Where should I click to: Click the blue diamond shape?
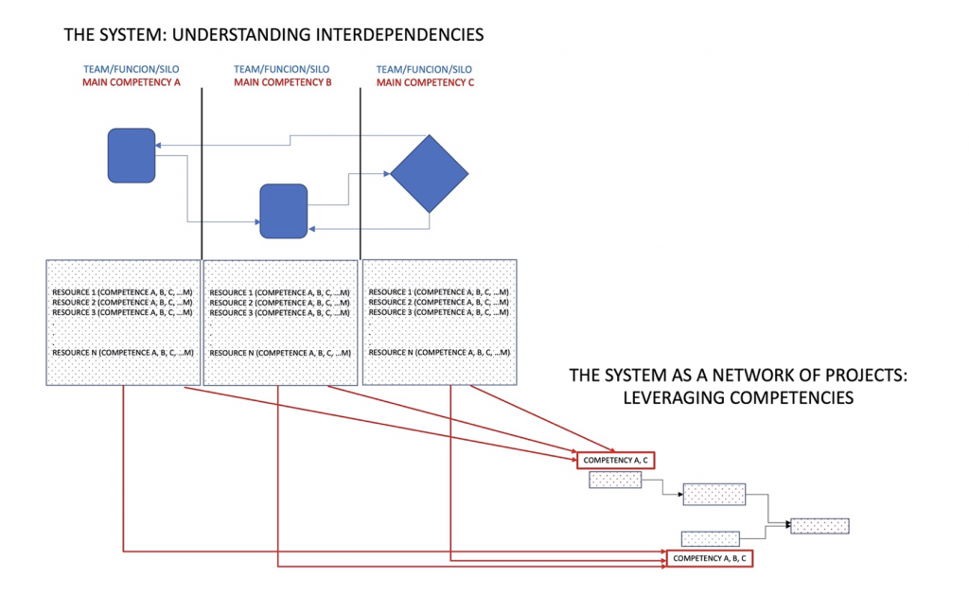point(429,173)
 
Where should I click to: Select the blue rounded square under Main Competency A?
point(132,155)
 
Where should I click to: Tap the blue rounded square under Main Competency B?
point(284,211)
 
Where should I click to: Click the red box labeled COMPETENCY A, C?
point(615,460)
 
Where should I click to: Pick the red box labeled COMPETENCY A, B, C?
point(710,559)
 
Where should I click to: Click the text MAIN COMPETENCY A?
point(131,83)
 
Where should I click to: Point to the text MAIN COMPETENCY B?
point(282,83)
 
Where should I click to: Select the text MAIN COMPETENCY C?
point(425,83)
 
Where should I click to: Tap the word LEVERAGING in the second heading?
point(672,398)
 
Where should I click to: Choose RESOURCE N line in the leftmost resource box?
point(123,353)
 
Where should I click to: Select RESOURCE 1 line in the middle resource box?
point(280,293)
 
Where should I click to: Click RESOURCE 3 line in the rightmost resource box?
point(439,312)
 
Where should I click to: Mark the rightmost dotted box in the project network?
point(819,526)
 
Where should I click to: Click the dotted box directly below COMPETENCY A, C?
point(615,481)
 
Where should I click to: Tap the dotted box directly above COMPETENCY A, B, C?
point(710,538)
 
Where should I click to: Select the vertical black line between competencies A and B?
point(202,170)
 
